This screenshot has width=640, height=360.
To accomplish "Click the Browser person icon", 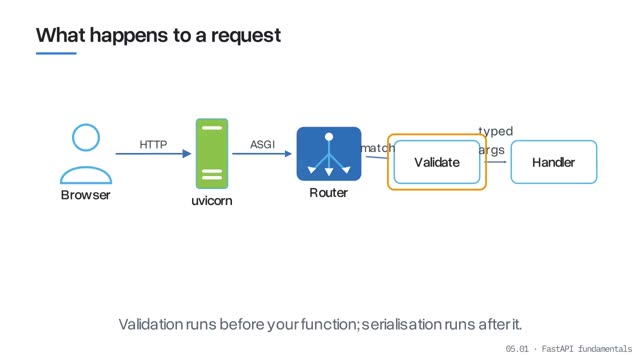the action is coord(86,154).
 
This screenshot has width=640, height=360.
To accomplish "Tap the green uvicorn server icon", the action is coord(212,154).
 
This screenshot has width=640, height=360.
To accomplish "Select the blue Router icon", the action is coord(329,154).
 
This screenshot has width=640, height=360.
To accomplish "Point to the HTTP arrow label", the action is coord(153,144).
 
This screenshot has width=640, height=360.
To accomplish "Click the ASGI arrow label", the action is coord(262,144).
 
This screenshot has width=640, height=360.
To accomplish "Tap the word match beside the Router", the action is coord(378,148).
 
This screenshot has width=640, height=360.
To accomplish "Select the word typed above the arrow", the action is coord(496,131).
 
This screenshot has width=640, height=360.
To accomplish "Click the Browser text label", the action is coord(86,195).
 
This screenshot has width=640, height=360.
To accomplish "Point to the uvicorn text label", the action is coord(212,201).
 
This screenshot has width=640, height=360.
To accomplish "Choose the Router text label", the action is coord(329,193).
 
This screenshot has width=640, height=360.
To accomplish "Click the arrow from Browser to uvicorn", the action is coord(153,153).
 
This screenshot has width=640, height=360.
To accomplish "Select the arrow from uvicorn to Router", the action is coord(262,153).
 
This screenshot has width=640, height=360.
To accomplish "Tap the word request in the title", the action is coord(246,36).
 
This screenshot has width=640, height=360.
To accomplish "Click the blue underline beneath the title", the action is coord(56,53).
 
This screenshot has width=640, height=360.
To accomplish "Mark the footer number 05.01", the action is coord(517,349).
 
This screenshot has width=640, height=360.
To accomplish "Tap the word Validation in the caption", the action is coord(151,324).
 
